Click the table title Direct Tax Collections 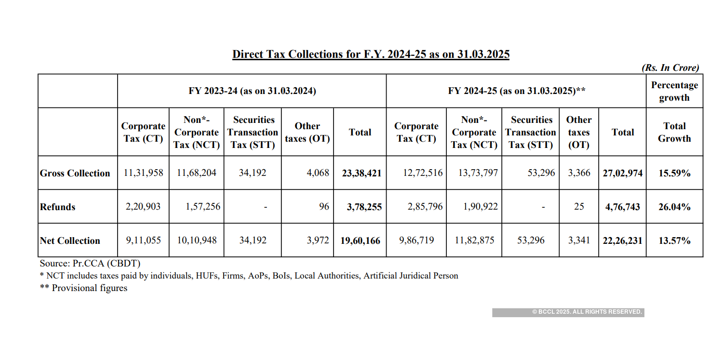coord(371,54)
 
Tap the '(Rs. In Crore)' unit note coord(670,68)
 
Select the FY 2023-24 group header coord(252,91)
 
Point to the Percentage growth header coord(674,91)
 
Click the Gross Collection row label coord(75,173)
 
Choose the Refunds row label coord(58,207)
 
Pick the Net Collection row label coord(70,240)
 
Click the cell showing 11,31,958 coord(144,173)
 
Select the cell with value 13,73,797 coord(474,173)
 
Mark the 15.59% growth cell coord(674,173)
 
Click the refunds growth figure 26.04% coord(674,207)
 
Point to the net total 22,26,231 coord(622,240)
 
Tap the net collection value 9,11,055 coord(144,240)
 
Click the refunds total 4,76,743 coord(622,207)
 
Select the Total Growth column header coord(674,132)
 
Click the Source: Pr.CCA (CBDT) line coord(90,264)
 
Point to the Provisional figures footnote coord(84,288)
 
